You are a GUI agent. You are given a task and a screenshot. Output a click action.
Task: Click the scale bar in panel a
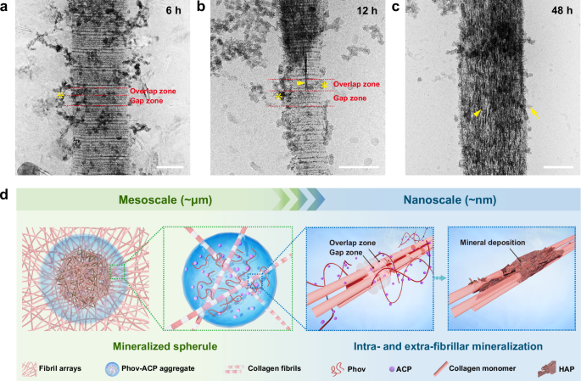click(171, 165)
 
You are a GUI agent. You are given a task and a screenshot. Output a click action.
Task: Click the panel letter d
click(6, 195)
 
